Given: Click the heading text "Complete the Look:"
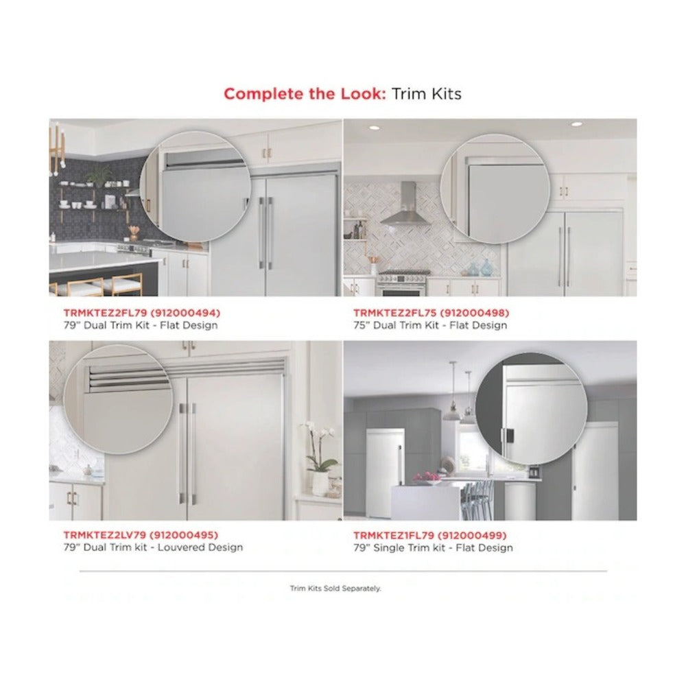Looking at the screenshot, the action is pos(305,93).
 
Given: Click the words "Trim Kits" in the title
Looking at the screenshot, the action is pos(426,93).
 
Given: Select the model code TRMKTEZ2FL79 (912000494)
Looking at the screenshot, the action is pos(142,313).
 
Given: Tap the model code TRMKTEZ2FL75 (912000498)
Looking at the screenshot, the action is pos(431,313).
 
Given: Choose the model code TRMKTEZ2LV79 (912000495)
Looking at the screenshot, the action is pos(141,534).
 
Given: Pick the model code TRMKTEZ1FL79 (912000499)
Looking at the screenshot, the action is pos(430,535).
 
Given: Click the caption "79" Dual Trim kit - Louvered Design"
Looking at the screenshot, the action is pos(153,547).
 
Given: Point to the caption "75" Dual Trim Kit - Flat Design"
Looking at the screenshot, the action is pos(431,325).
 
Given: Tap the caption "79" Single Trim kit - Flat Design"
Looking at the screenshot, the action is pos(433,547).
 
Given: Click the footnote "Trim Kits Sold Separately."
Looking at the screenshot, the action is pos(335,589).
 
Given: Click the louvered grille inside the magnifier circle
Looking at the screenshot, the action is pos(128,379).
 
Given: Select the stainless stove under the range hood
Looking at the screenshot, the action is pos(403,283).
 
